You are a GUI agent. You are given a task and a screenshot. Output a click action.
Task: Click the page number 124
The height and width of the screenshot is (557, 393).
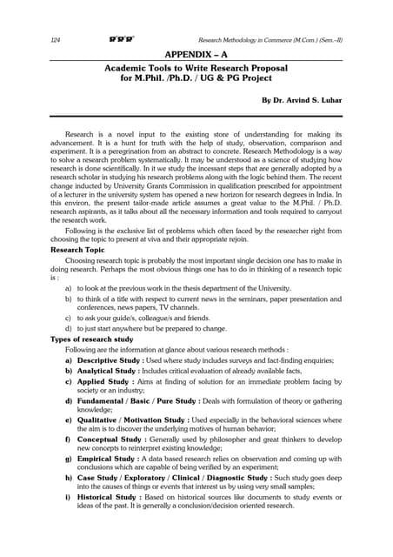[x=57, y=39]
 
